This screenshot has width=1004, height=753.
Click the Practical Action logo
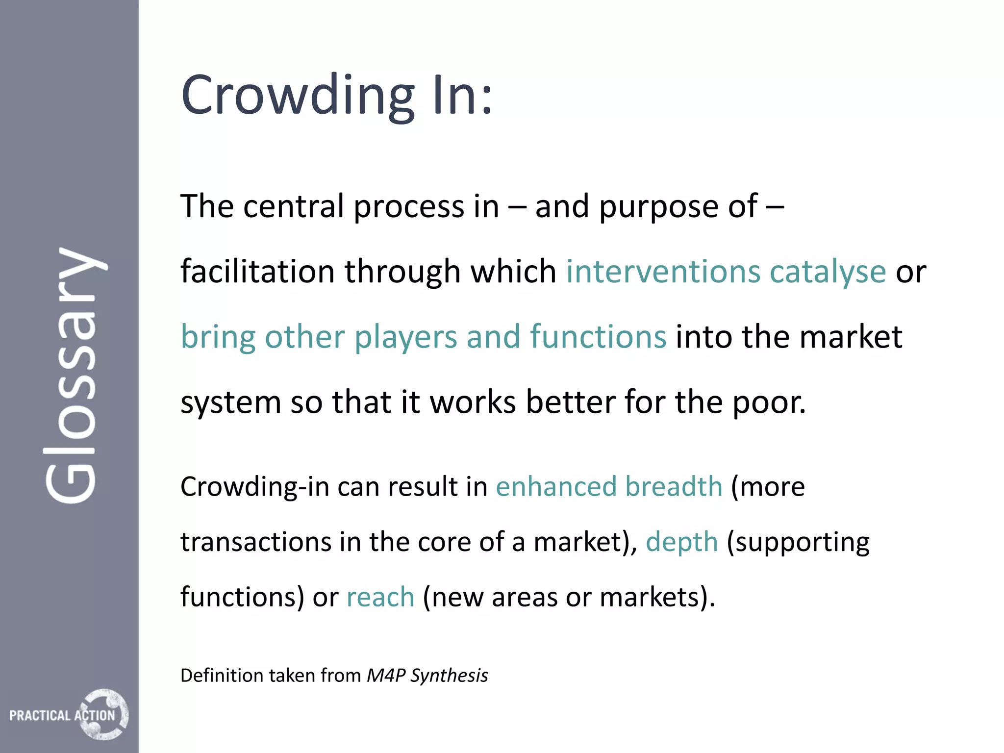pyautogui.click(x=69, y=715)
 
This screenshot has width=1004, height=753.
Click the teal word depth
pyautogui.click(x=681, y=542)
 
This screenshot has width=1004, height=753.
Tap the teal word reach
pyautogui.click(x=380, y=597)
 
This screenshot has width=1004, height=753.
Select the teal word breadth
pyautogui.click(x=674, y=487)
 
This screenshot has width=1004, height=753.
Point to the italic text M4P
pyautogui.click(x=386, y=676)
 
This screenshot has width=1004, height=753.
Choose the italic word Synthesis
pyautogui.click(x=449, y=676)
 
